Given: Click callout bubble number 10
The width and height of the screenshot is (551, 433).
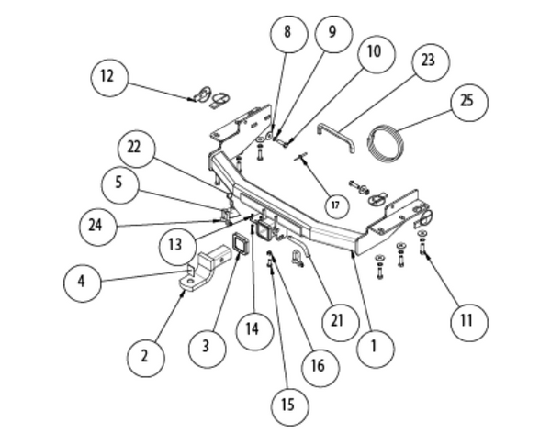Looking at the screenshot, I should coord(373,52).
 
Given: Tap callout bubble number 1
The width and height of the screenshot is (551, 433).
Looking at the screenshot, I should coord(375,347).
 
